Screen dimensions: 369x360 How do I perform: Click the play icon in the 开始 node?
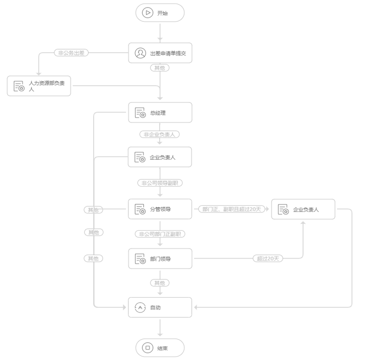(147, 13)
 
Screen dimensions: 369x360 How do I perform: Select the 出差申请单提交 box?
(160, 53)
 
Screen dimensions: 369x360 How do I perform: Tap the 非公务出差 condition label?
(71, 53)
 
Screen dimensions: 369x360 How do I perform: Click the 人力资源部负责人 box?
(39, 86)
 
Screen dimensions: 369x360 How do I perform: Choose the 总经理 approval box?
(160, 113)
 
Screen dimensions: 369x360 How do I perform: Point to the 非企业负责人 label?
(160, 134)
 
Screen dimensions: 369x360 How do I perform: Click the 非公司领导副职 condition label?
(160, 183)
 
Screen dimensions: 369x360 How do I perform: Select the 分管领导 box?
(160, 209)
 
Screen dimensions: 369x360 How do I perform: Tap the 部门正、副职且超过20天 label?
(232, 209)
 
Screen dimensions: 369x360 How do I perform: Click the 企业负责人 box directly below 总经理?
(160, 157)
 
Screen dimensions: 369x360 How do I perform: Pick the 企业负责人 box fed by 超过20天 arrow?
(303, 209)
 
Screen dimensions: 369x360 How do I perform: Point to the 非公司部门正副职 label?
(160, 234)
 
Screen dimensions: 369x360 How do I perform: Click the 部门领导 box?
(160, 259)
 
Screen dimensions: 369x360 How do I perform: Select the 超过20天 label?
(268, 259)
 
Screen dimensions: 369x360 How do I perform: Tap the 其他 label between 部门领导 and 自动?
(160, 283)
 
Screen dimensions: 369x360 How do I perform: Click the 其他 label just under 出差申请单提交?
(160, 68)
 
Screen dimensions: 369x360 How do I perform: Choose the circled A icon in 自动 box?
(140, 307)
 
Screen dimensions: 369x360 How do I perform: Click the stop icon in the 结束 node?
(147, 348)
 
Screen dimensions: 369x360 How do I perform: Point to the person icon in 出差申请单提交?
(140, 53)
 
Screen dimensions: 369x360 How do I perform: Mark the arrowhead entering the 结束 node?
(160, 335)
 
